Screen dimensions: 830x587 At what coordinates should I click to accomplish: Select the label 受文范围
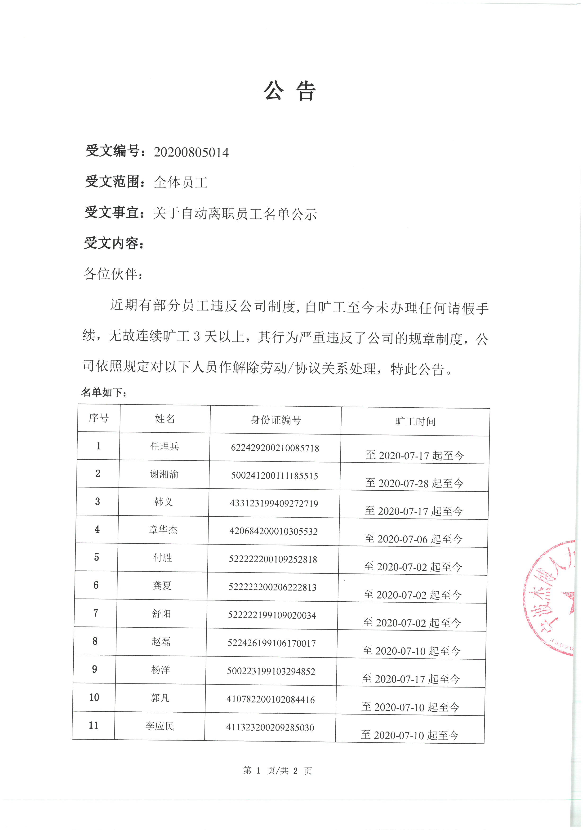coord(112,182)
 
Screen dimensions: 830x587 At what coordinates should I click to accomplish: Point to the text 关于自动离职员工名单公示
coord(235,214)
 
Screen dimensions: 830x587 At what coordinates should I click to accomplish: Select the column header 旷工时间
coord(415,422)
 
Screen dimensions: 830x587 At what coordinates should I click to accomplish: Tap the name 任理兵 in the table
coord(165,446)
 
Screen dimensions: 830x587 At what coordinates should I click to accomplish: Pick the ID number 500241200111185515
coord(274,476)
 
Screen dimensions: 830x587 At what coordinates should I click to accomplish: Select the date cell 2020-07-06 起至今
coord(413,539)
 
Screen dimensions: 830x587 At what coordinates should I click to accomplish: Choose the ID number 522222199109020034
coord(272,615)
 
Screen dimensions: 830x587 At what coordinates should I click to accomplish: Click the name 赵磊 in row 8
coord(161,642)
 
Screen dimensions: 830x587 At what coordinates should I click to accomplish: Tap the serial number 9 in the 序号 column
coord(94,669)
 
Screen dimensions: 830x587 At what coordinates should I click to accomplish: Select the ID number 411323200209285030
coord(270,727)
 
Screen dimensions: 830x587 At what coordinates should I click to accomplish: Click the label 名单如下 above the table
coord(103,392)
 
